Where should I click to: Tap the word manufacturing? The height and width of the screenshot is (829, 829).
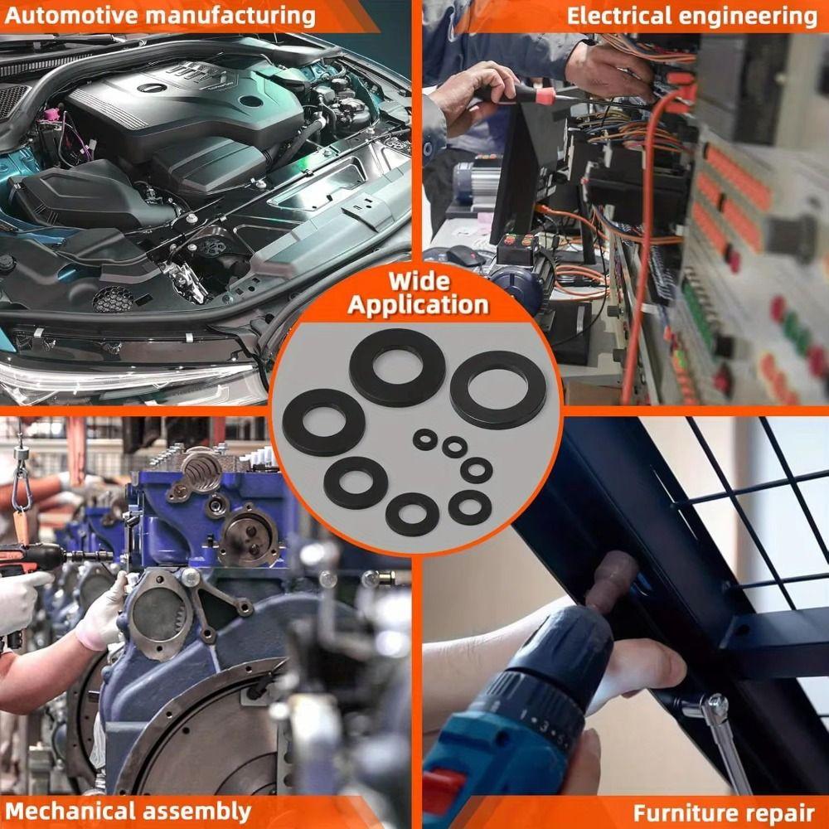coord(233,15)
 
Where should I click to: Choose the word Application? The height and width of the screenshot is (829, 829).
coord(419,304)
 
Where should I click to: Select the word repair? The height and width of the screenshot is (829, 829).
coord(783,812)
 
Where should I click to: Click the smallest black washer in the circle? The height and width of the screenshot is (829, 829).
coord(425,439)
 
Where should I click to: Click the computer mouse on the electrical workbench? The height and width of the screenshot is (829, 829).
coord(465,256)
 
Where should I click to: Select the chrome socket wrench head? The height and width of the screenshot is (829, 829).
coord(713,709)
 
